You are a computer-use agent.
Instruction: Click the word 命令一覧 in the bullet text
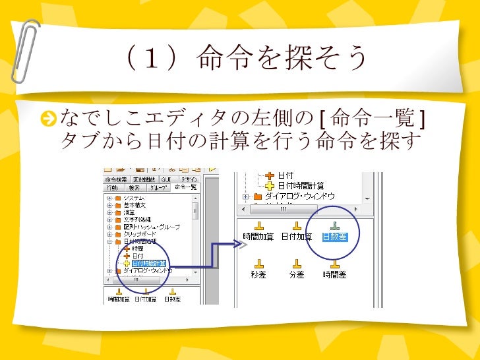pos(373,119)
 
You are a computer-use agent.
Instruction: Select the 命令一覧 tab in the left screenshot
pos(186,188)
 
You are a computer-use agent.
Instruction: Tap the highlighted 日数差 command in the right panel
pos(334,235)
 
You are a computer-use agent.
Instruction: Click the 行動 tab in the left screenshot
pos(113,188)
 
